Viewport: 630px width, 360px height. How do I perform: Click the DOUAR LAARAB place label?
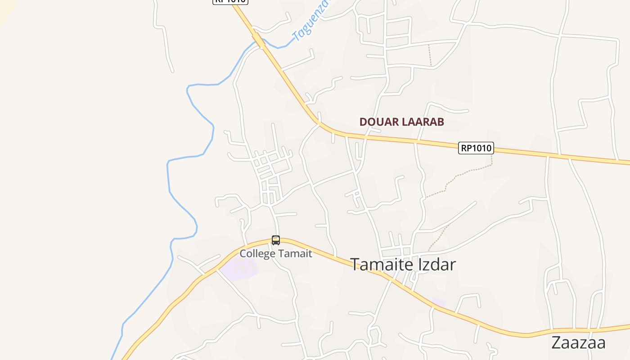[401, 122]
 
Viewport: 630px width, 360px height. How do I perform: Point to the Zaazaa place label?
[578, 342]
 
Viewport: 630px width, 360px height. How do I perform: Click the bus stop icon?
[276, 240]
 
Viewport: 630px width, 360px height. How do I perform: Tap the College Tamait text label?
[275, 253]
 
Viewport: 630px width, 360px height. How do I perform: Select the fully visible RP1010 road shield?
[476, 148]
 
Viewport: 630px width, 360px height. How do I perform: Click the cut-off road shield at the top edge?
[230, 2]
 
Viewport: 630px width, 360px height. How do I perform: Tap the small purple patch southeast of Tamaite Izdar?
[438, 302]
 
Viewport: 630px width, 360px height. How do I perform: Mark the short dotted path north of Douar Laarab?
[430, 55]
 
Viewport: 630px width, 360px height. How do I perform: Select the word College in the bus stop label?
[256, 253]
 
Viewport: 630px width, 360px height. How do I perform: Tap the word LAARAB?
[422, 122]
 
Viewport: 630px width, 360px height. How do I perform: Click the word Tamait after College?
[294, 253]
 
